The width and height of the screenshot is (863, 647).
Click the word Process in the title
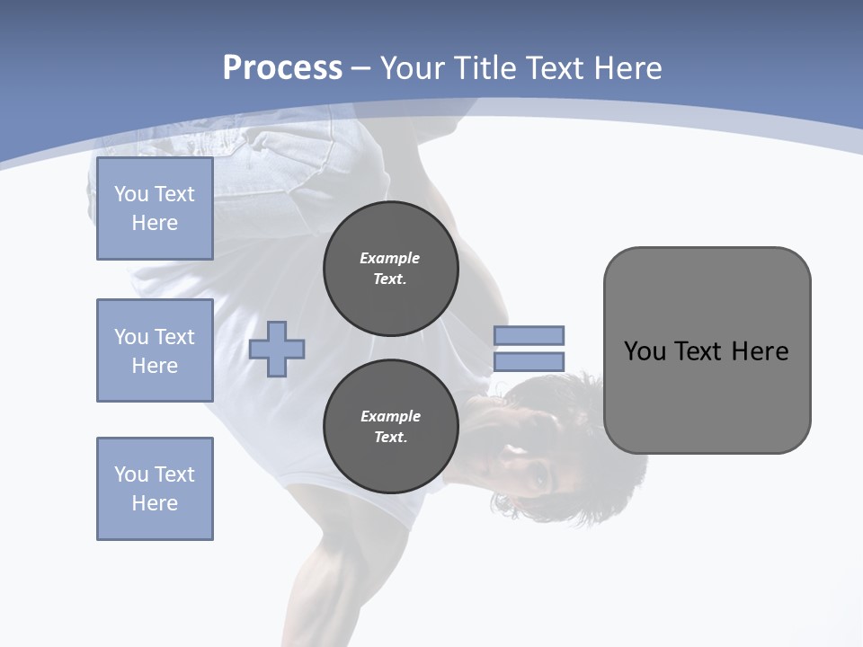point(282,68)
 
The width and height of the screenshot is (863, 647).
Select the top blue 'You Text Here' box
point(155,208)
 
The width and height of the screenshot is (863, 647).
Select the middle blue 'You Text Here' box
point(155,350)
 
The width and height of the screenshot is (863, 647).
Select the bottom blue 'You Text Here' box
point(155,489)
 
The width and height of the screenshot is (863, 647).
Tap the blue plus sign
point(277,349)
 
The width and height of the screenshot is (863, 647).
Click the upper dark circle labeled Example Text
point(390,268)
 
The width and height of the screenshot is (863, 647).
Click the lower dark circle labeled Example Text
point(390,427)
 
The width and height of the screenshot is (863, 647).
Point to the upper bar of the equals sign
point(529,335)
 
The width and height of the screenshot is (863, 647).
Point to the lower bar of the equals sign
point(529,362)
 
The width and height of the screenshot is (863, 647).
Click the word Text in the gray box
point(698,351)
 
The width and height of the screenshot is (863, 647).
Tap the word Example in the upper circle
point(390,258)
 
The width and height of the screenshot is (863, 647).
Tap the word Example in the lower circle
point(390,416)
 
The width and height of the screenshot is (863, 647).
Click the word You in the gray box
point(644,351)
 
